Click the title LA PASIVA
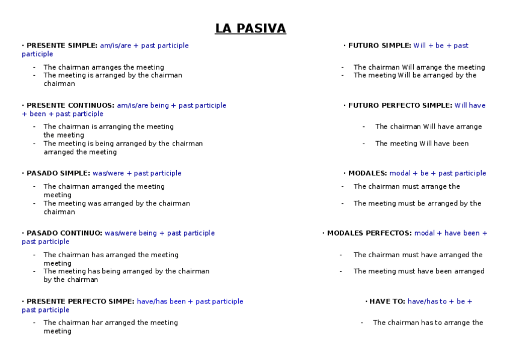pyautogui.click(x=250, y=29)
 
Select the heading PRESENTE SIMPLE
pyautogui.click(x=61, y=46)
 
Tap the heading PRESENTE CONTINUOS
pyautogui.click(x=70, y=106)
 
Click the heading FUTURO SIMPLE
pyautogui.click(x=379, y=46)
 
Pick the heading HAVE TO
pyautogui.click(x=387, y=302)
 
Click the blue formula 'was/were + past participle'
pyautogui.click(x=137, y=174)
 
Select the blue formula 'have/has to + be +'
pyautogui.click(x=440, y=302)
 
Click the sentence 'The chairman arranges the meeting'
pyautogui.click(x=103, y=67)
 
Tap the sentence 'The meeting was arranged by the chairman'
pyautogui.click(x=117, y=204)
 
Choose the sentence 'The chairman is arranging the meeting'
pyautogui.click(x=108, y=127)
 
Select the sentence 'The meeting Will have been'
pyautogui.click(x=422, y=144)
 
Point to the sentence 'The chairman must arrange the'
pyautogui.click(x=407, y=187)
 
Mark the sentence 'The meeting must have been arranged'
pyautogui.click(x=419, y=272)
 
